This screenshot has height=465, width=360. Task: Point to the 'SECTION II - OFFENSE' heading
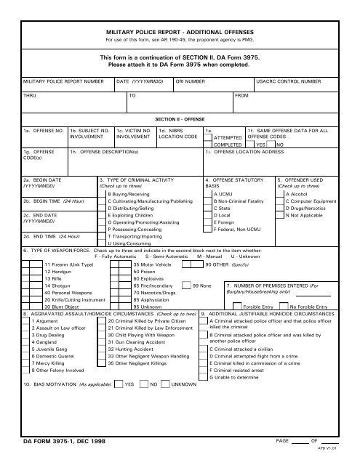[x=179, y=116]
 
